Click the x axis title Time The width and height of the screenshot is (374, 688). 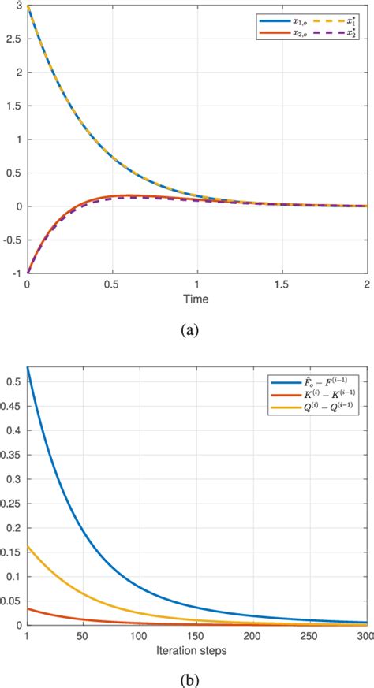click(x=197, y=299)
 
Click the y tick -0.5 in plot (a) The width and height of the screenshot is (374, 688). click(x=13, y=239)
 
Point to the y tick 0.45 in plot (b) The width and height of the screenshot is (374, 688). click(x=12, y=407)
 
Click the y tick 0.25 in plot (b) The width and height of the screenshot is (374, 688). click(x=12, y=511)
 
